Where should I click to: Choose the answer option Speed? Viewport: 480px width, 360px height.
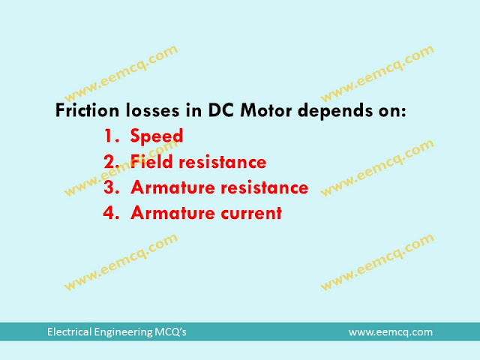point(157,137)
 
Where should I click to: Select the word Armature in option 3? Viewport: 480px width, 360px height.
point(167,187)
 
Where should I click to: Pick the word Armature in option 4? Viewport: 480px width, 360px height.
point(167,213)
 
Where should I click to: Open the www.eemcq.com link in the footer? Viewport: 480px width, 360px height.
point(390,331)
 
